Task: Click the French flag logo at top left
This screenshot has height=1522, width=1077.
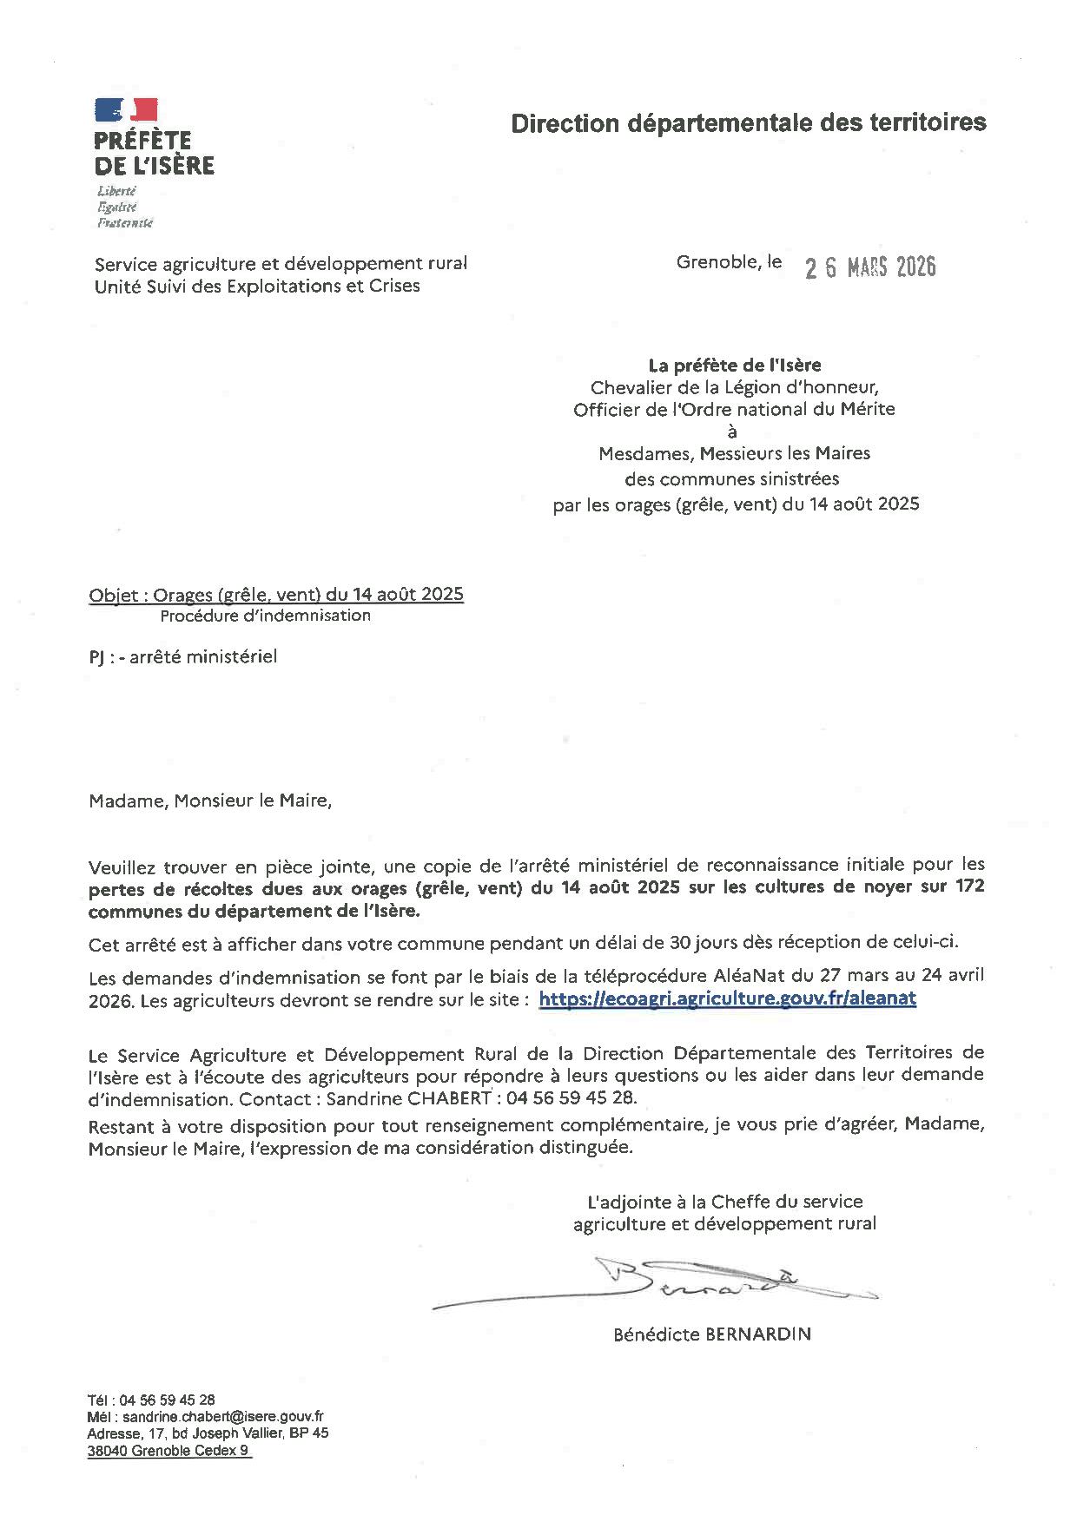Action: (126, 110)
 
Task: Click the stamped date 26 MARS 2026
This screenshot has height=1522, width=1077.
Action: (870, 267)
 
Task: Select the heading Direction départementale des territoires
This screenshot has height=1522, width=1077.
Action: (748, 123)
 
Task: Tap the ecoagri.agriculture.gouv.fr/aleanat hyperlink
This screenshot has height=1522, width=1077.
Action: (727, 998)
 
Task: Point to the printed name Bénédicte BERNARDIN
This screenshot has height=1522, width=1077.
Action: (711, 1334)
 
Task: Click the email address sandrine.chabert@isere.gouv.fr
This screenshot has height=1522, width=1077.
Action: (223, 1416)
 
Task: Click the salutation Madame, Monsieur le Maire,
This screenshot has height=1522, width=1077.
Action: (210, 801)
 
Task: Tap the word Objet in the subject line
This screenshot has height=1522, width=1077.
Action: (113, 595)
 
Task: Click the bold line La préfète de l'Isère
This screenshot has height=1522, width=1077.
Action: (734, 366)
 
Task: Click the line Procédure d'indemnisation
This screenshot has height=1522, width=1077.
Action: (265, 616)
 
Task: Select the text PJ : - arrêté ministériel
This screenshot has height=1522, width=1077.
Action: (182, 657)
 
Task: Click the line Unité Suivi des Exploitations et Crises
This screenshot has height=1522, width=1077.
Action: (257, 286)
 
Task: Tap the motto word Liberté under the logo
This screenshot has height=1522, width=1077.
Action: (117, 190)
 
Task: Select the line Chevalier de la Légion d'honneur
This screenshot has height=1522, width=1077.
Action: (734, 387)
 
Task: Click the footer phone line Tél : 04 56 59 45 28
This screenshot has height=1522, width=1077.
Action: (151, 1400)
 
